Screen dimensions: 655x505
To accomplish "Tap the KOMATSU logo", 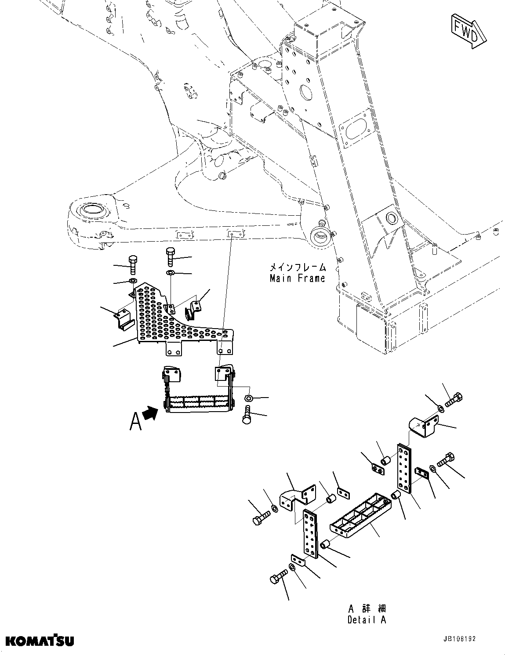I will point(40,640).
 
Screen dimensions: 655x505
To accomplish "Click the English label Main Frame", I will point(297,278).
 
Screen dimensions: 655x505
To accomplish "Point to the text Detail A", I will point(367,620).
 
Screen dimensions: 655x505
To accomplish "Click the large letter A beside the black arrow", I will point(136,420).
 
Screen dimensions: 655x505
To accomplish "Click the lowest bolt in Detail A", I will point(279,579).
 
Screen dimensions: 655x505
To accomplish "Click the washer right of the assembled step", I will point(248,398).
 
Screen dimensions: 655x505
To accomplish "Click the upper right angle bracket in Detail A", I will point(422,425).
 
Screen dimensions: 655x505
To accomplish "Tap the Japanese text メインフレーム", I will point(297,267).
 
